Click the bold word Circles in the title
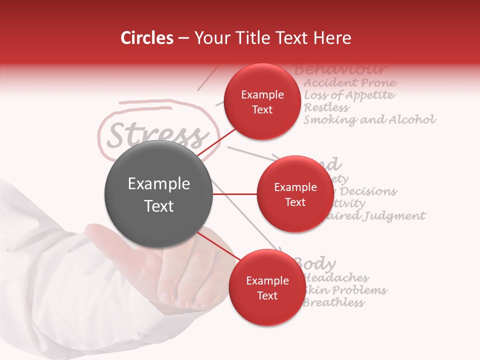(x=147, y=38)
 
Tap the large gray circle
(x=158, y=194)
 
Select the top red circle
(x=262, y=102)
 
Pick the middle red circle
(x=295, y=194)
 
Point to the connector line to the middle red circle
(x=235, y=194)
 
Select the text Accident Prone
(x=350, y=82)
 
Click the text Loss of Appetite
(x=349, y=95)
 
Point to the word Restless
(x=326, y=107)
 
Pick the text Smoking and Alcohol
(x=369, y=120)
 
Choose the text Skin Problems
(x=345, y=290)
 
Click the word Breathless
(x=333, y=302)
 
